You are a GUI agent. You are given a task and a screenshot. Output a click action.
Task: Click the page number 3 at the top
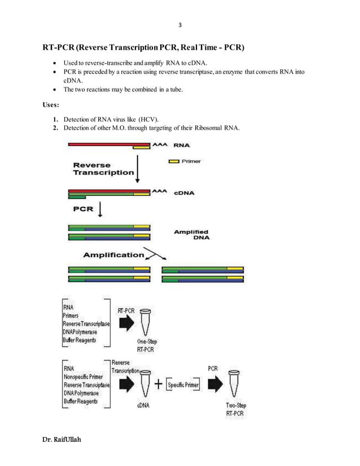[180, 25]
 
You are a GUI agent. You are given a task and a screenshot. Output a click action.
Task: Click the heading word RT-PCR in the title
[59, 47]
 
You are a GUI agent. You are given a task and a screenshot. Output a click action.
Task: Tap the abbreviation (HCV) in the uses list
[149, 119]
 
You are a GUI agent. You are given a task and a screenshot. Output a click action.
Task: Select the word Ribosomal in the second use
[208, 128]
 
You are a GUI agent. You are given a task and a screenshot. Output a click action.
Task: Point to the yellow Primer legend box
[174, 161]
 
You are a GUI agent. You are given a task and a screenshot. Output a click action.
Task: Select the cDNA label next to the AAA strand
[184, 192]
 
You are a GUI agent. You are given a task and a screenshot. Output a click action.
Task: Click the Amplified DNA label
[191, 235]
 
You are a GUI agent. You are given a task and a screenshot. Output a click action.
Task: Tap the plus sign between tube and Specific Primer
[159, 384]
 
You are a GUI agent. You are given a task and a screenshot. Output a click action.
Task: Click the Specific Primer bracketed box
[183, 385]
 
